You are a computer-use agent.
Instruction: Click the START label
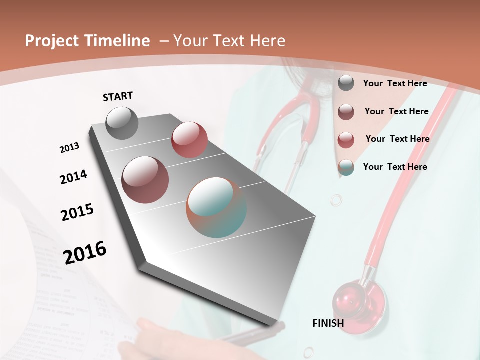(118, 96)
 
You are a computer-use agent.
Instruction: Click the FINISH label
(328, 323)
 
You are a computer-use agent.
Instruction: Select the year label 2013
(69, 148)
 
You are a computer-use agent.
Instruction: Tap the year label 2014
(73, 177)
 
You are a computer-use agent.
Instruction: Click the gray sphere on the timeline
(122, 123)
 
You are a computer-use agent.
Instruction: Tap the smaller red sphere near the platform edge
(189, 140)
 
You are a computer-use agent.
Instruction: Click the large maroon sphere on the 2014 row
(145, 179)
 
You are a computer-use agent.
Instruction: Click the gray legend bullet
(346, 83)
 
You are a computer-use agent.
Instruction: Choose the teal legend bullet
(346, 167)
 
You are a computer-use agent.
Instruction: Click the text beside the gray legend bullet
(395, 83)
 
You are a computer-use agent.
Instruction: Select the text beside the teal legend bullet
(395, 167)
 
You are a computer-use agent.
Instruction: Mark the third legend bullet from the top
(346, 140)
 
